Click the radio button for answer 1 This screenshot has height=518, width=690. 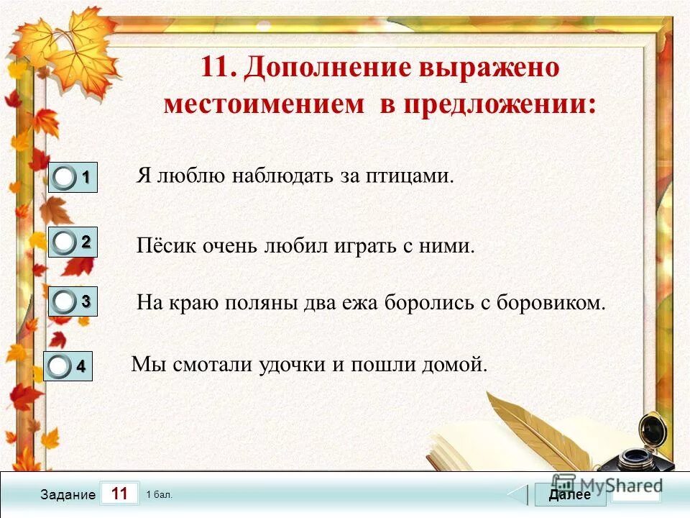point(64,178)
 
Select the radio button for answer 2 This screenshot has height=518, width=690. point(64,242)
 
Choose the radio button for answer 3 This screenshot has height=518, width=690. point(64,303)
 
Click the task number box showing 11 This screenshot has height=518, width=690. point(120,494)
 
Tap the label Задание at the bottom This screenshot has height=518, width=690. point(68,495)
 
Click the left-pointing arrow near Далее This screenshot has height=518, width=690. point(518,495)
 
